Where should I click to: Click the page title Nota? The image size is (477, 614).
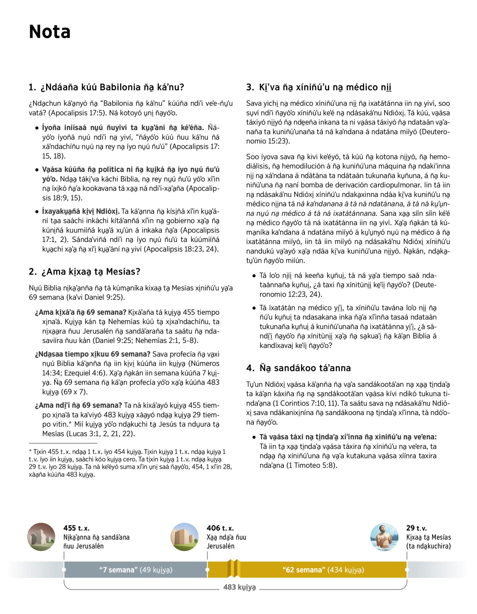(x=50, y=32)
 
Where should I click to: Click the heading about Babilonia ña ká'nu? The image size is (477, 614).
(x=107, y=87)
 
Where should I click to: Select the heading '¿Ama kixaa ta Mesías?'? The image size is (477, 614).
(x=84, y=272)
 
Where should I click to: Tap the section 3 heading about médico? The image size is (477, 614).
(x=319, y=87)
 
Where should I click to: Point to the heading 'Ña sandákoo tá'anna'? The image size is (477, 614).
(x=299, y=368)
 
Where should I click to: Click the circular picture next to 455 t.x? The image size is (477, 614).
(x=42, y=537)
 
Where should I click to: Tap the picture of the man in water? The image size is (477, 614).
(x=384, y=537)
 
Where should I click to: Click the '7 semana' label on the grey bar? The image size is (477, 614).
(x=136, y=570)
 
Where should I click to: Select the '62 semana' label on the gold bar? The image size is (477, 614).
(x=323, y=570)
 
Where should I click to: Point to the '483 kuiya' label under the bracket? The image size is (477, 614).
(x=239, y=587)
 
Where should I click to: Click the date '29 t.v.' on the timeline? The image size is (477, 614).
(x=417, y=528)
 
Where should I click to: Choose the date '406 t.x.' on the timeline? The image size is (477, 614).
(x=220, y=528)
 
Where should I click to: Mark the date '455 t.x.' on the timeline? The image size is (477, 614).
(x=76, y=528)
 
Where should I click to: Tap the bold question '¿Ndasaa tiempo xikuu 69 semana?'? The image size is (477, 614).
(x=93, y=354)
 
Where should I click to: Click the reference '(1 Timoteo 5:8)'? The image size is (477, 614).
(x=312, y=465)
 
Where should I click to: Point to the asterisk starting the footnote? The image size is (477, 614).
(x=30, y=451)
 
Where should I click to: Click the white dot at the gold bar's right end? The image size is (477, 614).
(x=406, y=570)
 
